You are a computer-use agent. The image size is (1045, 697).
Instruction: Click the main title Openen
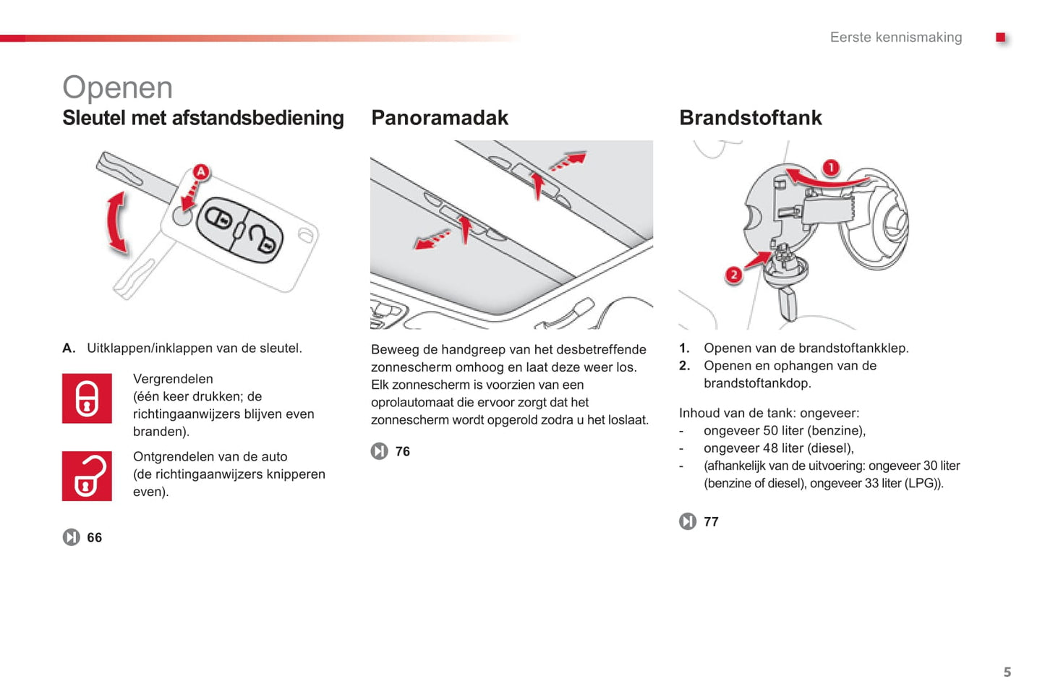coord(117,87)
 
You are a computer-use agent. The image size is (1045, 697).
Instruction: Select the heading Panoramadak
coord(439,118)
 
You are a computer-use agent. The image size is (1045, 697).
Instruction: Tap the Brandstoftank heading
coord(750,118)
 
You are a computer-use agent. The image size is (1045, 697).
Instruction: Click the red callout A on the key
coord(200,172)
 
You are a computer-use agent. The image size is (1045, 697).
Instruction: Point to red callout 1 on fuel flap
coord(831,168)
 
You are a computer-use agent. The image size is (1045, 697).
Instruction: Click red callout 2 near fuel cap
coord(733,275)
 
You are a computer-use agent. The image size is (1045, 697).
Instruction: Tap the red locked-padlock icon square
coord(87,398)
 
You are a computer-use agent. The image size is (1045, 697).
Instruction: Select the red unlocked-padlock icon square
coord(87,476)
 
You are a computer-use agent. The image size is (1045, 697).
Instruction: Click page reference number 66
coord(94,537)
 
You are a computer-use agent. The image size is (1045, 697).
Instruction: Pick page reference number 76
coord(403,451)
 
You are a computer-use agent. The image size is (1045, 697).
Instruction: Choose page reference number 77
coord(711,521)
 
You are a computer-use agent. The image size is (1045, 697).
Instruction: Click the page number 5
coord(1007,672)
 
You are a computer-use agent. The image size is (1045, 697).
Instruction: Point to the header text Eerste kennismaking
coord(895,37)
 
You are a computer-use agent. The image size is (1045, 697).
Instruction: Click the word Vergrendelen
coord(173,379)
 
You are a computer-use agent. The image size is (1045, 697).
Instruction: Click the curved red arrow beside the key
coord(116,223)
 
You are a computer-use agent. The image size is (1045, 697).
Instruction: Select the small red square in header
coord(1000,38)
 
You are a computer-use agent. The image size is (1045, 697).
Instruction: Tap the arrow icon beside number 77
coord(687,521)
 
